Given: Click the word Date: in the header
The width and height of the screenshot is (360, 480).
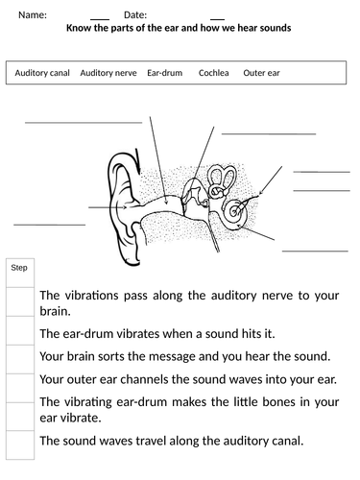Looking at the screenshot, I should tap(135, 15).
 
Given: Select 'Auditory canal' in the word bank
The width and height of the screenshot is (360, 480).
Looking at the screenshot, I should tap(42, 73).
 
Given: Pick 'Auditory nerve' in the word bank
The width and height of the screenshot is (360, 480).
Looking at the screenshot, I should tap(108, 73).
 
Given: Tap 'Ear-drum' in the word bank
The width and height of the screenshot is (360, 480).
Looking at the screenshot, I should tap(166, 73).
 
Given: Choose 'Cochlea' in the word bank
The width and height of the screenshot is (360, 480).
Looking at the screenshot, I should tap(214, 73).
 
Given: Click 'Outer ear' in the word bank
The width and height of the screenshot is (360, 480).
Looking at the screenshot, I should tap(262, 73).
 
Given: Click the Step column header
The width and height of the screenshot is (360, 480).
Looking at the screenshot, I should tap(19, 268).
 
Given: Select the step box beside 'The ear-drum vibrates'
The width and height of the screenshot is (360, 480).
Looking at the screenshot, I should tap(19, 333).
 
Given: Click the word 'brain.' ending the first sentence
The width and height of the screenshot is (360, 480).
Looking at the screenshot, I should tap(56, 311).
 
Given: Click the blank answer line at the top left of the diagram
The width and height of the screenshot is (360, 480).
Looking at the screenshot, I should tap(61, 123).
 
